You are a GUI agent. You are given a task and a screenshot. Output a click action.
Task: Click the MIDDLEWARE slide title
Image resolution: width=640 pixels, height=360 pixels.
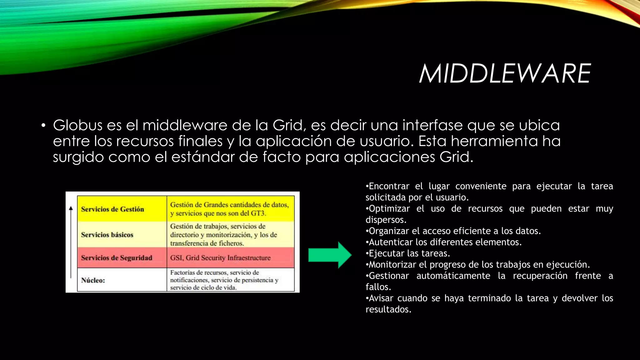tap(504, 74)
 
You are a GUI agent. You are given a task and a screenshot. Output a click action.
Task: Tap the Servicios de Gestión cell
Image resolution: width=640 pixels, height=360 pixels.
tap(112, 209)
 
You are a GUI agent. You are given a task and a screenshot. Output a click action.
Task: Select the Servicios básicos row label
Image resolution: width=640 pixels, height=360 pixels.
tap(107, 235)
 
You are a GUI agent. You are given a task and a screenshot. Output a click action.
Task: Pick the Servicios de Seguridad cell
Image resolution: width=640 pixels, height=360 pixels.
tap(117, 258)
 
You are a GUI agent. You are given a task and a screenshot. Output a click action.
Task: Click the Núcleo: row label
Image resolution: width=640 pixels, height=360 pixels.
tap(93, 280)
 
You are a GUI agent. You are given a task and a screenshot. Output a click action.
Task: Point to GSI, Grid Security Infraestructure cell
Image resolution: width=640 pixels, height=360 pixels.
tap(220, 258)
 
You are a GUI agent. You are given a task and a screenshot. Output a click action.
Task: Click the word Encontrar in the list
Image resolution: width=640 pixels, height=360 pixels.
tap(389, 186)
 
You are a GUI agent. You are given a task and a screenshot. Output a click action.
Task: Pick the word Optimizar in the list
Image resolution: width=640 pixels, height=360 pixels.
tap(389, 209)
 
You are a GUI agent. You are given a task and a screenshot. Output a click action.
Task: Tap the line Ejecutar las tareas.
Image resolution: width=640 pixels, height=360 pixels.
tap(408, 253)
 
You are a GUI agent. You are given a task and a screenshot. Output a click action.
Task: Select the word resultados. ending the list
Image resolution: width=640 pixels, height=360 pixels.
tap(388, 309)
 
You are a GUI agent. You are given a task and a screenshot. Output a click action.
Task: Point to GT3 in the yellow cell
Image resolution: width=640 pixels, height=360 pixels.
tap(258, 213)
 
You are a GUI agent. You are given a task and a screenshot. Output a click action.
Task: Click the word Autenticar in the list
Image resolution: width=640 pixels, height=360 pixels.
tap(391, 242)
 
